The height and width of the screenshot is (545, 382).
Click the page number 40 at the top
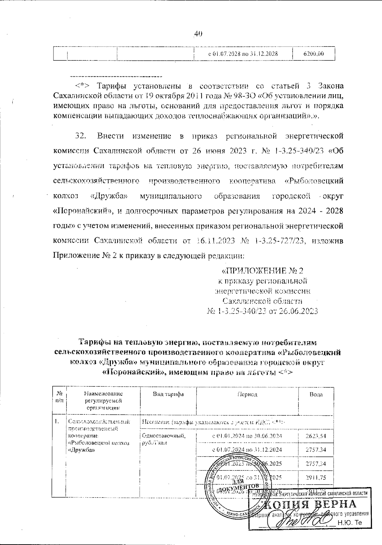(198, 34)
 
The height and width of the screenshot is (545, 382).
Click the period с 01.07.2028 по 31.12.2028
(243, 54)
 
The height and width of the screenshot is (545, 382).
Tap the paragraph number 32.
(80, 136)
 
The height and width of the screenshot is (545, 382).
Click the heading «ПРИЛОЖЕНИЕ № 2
(262, 271)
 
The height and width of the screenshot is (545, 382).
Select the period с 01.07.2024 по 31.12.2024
(247, 449)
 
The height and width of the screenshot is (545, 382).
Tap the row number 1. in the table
(57, 422)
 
